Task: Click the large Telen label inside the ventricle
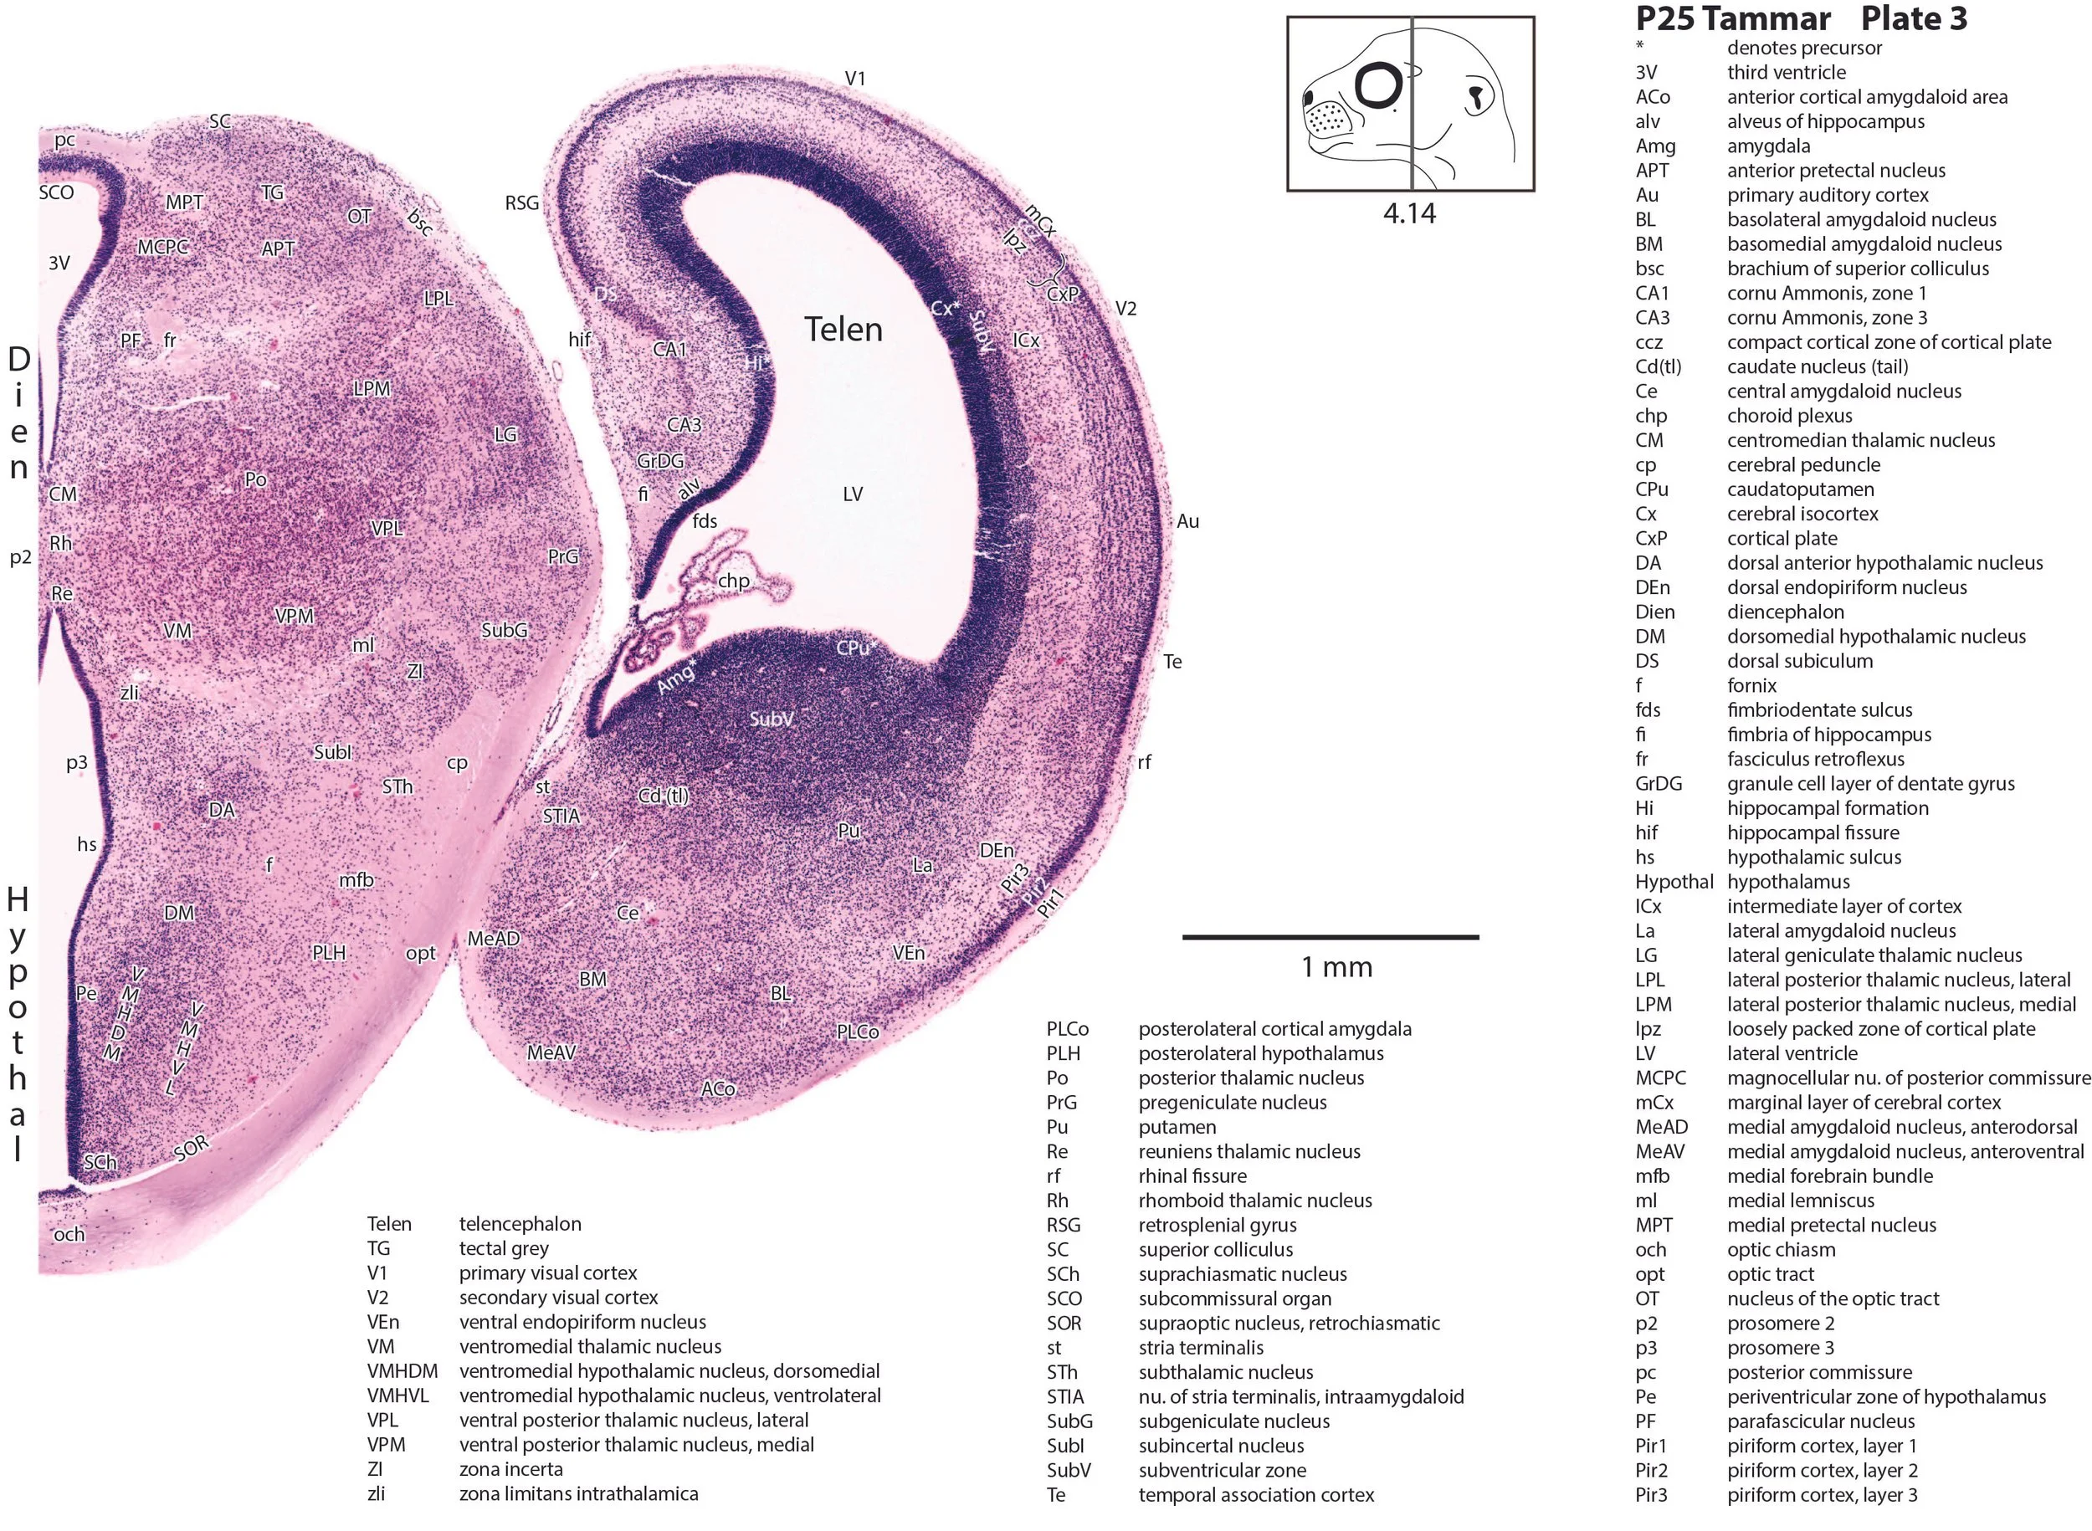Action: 842,329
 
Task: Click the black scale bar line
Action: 1329,937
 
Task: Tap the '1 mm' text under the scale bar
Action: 1336,967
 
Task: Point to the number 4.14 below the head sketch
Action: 1409,213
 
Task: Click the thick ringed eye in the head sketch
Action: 1381,86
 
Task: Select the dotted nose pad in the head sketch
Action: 1327,117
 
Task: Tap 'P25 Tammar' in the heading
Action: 1732,18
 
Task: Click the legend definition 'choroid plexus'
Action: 1789,415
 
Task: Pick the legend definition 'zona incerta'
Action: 510,1469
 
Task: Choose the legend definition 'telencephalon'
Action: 520,1223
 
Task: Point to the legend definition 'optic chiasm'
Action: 1781,1249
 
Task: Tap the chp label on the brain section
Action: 733,581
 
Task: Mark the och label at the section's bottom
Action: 69,1233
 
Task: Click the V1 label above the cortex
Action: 854,79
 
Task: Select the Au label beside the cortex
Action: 1187,522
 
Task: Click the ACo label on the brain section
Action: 717,1089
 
